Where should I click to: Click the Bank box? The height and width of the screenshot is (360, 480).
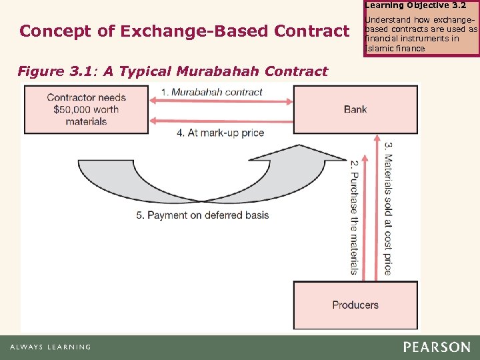coord(355,109)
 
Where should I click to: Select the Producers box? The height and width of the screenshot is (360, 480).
coord(355,305)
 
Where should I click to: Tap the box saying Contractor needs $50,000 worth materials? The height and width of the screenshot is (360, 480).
coord(86,109)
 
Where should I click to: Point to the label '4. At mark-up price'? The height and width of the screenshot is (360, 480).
coord(220,133)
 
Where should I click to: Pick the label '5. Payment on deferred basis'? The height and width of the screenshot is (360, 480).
coord(202,215)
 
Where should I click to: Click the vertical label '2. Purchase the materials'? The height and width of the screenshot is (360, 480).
coord(354,217)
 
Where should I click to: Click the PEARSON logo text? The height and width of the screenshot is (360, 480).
coord(436,347)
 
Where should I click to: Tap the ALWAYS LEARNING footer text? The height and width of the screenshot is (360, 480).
coord(50,347)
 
